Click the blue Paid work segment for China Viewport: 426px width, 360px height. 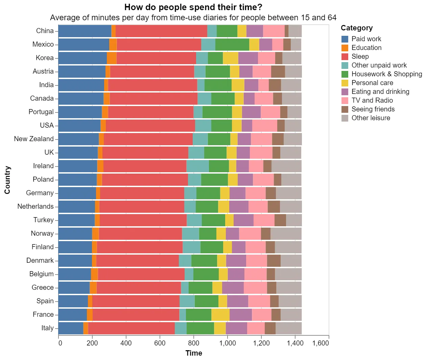(x=85, y=31)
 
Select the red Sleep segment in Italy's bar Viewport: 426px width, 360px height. (x=132, y=328)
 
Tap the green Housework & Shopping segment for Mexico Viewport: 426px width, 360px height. (x=232, y=44)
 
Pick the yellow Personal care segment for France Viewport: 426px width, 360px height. (x=220, y=314)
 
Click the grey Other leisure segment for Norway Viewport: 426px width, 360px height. (x=286, y=233)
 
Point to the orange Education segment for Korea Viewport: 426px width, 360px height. (x=112, y=58)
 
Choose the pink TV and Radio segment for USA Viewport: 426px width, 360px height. (x=265, y=125)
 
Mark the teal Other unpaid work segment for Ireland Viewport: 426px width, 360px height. (x=197, y=166)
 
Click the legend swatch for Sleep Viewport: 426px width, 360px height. (x=345, y=56)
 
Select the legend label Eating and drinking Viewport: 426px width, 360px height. (x=380, y=92)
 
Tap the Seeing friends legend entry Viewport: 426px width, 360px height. (x=373, y=109)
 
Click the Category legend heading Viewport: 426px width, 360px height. (x=357, y=28)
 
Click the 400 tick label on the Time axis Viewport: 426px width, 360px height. (x=126, y=343)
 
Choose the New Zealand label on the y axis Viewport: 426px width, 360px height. (x=34, y=139)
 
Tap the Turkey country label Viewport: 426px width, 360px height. (x=43, y=220)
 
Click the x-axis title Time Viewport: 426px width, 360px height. (x=194, y=353)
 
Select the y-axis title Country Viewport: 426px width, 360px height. (x=7, y=180)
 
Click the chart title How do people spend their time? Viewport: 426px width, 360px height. (x=193, y=7)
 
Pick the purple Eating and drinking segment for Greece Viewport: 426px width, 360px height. (x=233, y=287)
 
